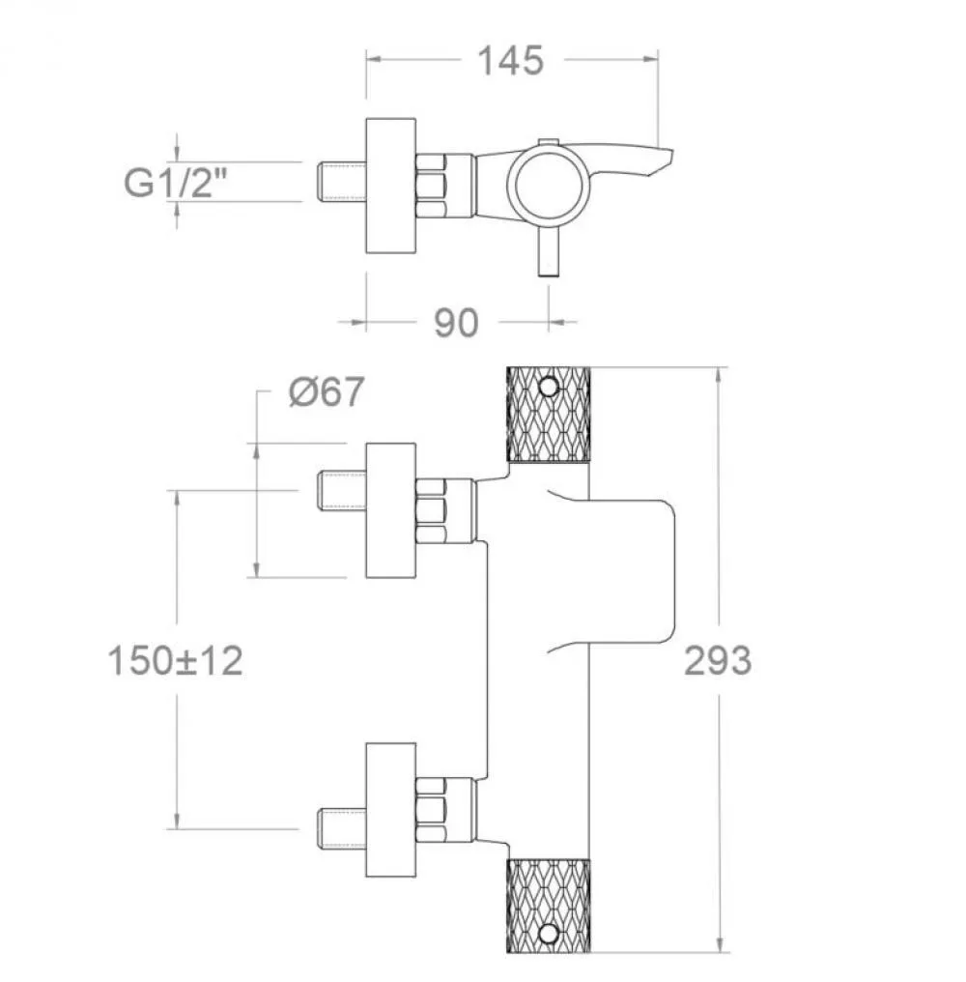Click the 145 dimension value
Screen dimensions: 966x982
[x=510, y=62]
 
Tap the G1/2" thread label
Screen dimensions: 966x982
[x=175, y=183]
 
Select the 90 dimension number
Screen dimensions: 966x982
[x=456, y=323]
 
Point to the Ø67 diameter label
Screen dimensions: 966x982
[x=327, y=392]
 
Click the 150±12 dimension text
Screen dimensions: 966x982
[x=175, y=661]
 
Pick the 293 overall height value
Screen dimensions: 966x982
[x=718, y=661]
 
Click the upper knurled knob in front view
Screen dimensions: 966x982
[x=548, y=415]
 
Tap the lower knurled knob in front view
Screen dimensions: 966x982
[x=548, y=906]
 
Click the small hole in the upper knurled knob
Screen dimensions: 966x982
[x=549, y=387]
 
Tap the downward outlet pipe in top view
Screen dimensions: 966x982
[x=549, y=251]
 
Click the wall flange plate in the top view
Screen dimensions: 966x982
[x=390, y=186]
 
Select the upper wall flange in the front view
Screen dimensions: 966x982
[x=390, y=510]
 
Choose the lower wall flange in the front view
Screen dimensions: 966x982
[x=390, y=810]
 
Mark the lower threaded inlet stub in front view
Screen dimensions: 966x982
[x=342, y=830]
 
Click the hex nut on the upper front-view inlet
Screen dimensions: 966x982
[x=431, y=510]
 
